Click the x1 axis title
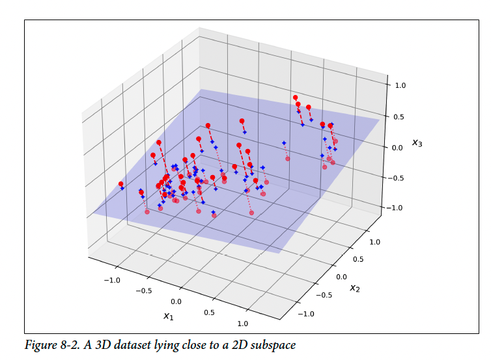pyautogui.click(x=169, y=316)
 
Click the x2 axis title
pyautogui.click(x=355, y=288)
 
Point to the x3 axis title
pyautogui.click(x=417, y=143)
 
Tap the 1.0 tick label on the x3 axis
pyautogui.click(x=400, y=85)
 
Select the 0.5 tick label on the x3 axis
pyautogui.click(x=399, y=117)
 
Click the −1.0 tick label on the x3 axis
pyautogui.click(x=395, y=208)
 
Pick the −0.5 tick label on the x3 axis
pyautogui.click(x=395, y=178)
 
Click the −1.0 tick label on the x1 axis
pyautogui.click(x=112, y=280)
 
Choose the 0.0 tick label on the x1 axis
pyautogui.click(x=176, y=301)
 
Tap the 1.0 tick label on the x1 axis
pyautogui.click(x=243, y=324)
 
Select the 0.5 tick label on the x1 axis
pyautogui.click(x=209, y=312)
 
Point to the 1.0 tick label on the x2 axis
pyautogui.click(x=375, y=242)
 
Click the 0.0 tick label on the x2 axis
pyautogui.click(x=341, y=277)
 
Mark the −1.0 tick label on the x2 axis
pyautogui.click(x=305, y=314)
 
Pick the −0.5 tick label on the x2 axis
pyautogui.click(x=324, y=295)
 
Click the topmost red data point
pyautogui.click(x=295, y=98)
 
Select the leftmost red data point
pyautogui.click(x=121, y=184)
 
